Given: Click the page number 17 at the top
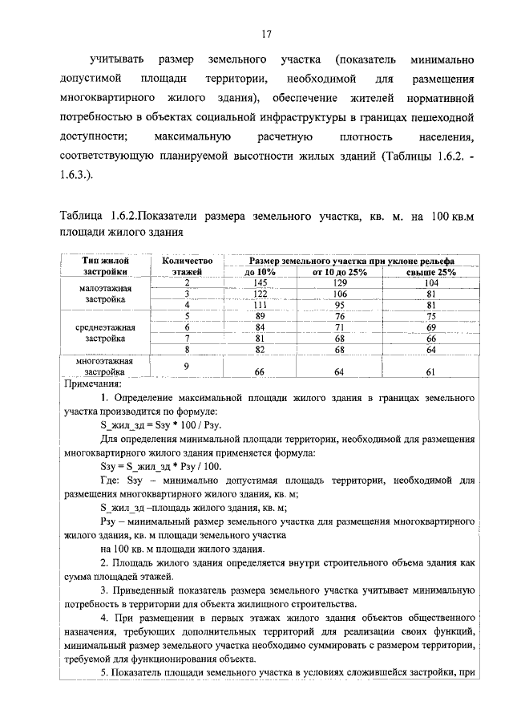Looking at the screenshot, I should [268, 34].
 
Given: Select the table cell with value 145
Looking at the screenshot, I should [260, 283].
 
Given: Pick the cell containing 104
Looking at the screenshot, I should [430, 283].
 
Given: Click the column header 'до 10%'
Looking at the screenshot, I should [260, 273].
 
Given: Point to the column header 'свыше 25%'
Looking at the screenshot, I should [430, 273].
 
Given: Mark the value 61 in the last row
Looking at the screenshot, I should [430, 371].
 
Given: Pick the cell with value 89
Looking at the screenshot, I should [260, 316].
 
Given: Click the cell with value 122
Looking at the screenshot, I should [260, 294].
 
